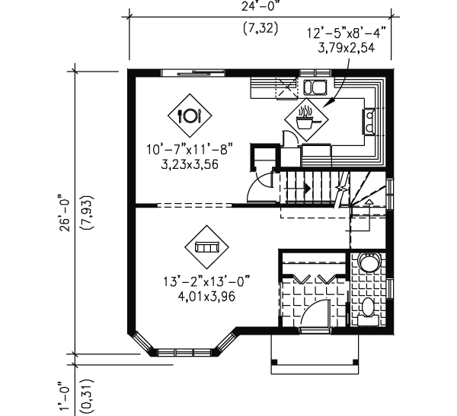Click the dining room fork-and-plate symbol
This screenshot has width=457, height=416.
pos(188,116)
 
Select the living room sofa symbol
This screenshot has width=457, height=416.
pos(206,246)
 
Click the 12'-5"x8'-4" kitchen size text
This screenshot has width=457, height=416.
pos(347,33)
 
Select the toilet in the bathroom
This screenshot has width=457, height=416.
pos(368,310)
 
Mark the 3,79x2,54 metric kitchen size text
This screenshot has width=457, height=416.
pos(347,47)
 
